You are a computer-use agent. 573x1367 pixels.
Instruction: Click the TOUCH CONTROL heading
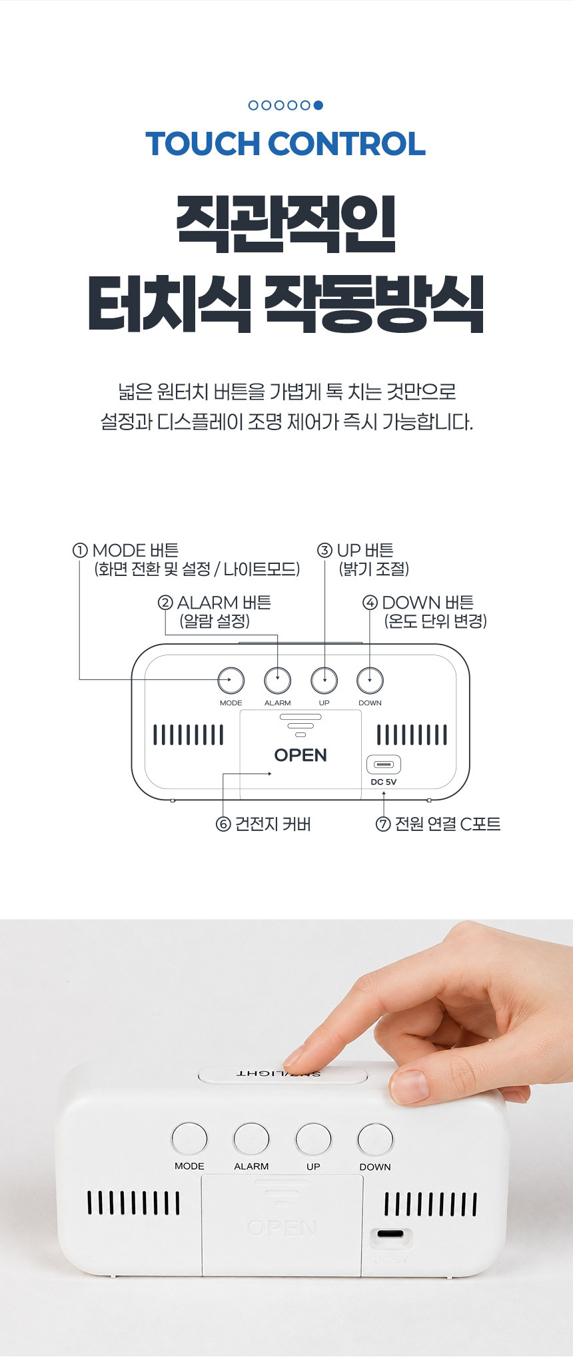click(285, 144)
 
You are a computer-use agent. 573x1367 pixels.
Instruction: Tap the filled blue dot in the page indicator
click(318, 105)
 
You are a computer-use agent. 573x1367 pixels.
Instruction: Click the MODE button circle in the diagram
click(231, 681)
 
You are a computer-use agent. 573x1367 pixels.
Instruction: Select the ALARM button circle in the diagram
click(278, 681)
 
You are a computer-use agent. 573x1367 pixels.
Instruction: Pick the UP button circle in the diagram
click(324, 681)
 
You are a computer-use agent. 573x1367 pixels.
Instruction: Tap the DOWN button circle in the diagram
click(370, 681)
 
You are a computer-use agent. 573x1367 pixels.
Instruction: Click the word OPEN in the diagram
click(300, 755)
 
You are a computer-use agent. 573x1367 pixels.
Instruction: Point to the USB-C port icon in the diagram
click(384, 764)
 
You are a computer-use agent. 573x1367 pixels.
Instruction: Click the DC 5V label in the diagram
click(384, 782)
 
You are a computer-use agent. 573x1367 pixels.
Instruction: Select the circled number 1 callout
click(80, 551)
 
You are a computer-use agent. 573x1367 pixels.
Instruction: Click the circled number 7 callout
click(383, 824)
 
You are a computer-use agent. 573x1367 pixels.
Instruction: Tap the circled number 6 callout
click(223, 824)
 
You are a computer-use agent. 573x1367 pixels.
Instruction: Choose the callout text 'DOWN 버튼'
click(428, 603)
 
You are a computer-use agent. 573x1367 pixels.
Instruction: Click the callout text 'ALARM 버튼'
click(224, 603)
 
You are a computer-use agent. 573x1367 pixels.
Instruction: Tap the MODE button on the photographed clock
click(190, 1139)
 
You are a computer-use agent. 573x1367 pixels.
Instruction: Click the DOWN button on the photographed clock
click(376, 1139)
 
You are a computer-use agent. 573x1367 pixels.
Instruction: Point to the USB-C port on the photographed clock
click(390, 1233)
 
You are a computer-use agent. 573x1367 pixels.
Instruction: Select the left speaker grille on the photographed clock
click(133, 1203)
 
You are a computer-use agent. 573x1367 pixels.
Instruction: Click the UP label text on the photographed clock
click(313, 1167)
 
